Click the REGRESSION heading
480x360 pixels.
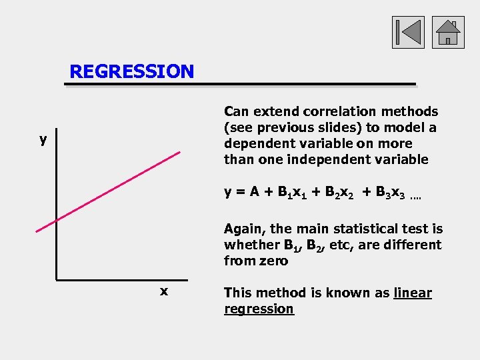131,71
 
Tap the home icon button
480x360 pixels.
448,32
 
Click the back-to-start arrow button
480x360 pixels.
407,32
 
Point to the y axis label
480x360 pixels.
43,139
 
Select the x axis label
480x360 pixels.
163,291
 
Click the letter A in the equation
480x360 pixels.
255,192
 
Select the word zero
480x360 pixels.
275,261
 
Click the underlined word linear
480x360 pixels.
413,293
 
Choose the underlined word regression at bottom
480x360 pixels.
259,309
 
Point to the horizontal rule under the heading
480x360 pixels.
243,85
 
